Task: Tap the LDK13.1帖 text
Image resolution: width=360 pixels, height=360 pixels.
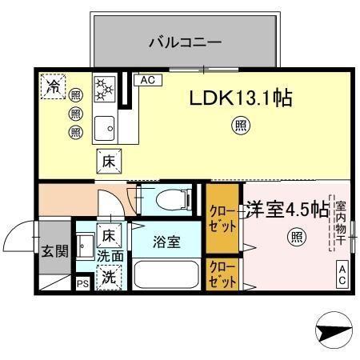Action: tap(239, 98)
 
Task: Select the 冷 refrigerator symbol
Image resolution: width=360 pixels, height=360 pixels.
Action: tap(54, 86)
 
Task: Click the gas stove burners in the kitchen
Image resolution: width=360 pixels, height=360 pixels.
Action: tap(106, 89)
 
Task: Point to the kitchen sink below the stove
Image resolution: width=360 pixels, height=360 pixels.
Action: tap(105, 126)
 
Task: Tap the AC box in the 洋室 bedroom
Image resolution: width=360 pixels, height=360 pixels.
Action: tap(342, 275)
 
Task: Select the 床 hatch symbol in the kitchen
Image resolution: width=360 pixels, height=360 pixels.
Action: tap(110, 160)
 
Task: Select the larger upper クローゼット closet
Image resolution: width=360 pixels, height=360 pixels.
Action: tap(222, 217)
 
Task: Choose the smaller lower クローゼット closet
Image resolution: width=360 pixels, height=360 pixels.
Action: tap(222, 274)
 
